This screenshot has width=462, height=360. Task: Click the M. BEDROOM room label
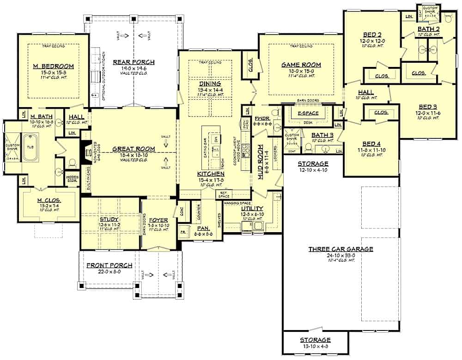click(x=53, y=66)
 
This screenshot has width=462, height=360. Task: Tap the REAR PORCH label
click(x=134, y=62)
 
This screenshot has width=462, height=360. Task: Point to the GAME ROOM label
click(x=301, y=65)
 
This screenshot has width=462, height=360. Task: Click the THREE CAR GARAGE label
click(x=340, y=249)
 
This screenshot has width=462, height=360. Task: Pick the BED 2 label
click(x=372, y=34)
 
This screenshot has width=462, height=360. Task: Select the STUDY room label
click(x=109, y=219)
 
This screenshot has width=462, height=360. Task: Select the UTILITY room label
click(x=252, y=209)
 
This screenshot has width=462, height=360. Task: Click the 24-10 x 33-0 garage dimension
click(x=340, y=255)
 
